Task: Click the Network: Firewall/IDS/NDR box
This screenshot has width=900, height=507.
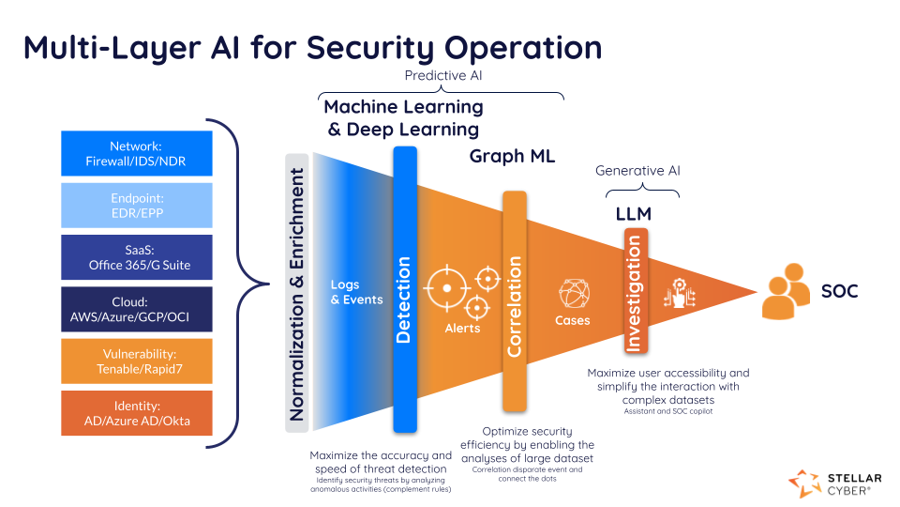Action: [136, 153]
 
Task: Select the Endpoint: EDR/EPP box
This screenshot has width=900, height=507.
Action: [136, 205]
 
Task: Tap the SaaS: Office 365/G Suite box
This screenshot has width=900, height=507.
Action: [136, 257]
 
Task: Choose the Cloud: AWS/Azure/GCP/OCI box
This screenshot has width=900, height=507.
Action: [136, 309]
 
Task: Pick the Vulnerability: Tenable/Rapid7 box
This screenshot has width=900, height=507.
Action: [136, 361]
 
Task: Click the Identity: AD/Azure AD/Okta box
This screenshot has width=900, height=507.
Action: [136, 413]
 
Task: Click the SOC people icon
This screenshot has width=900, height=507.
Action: [786, 293]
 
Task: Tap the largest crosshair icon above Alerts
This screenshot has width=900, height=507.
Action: [447, 288]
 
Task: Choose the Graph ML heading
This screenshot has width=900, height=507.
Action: [512, 157]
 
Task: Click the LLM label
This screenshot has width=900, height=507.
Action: [633, 214]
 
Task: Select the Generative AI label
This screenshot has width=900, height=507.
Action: [637, 171]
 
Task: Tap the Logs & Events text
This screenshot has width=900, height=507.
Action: [356, 292]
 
